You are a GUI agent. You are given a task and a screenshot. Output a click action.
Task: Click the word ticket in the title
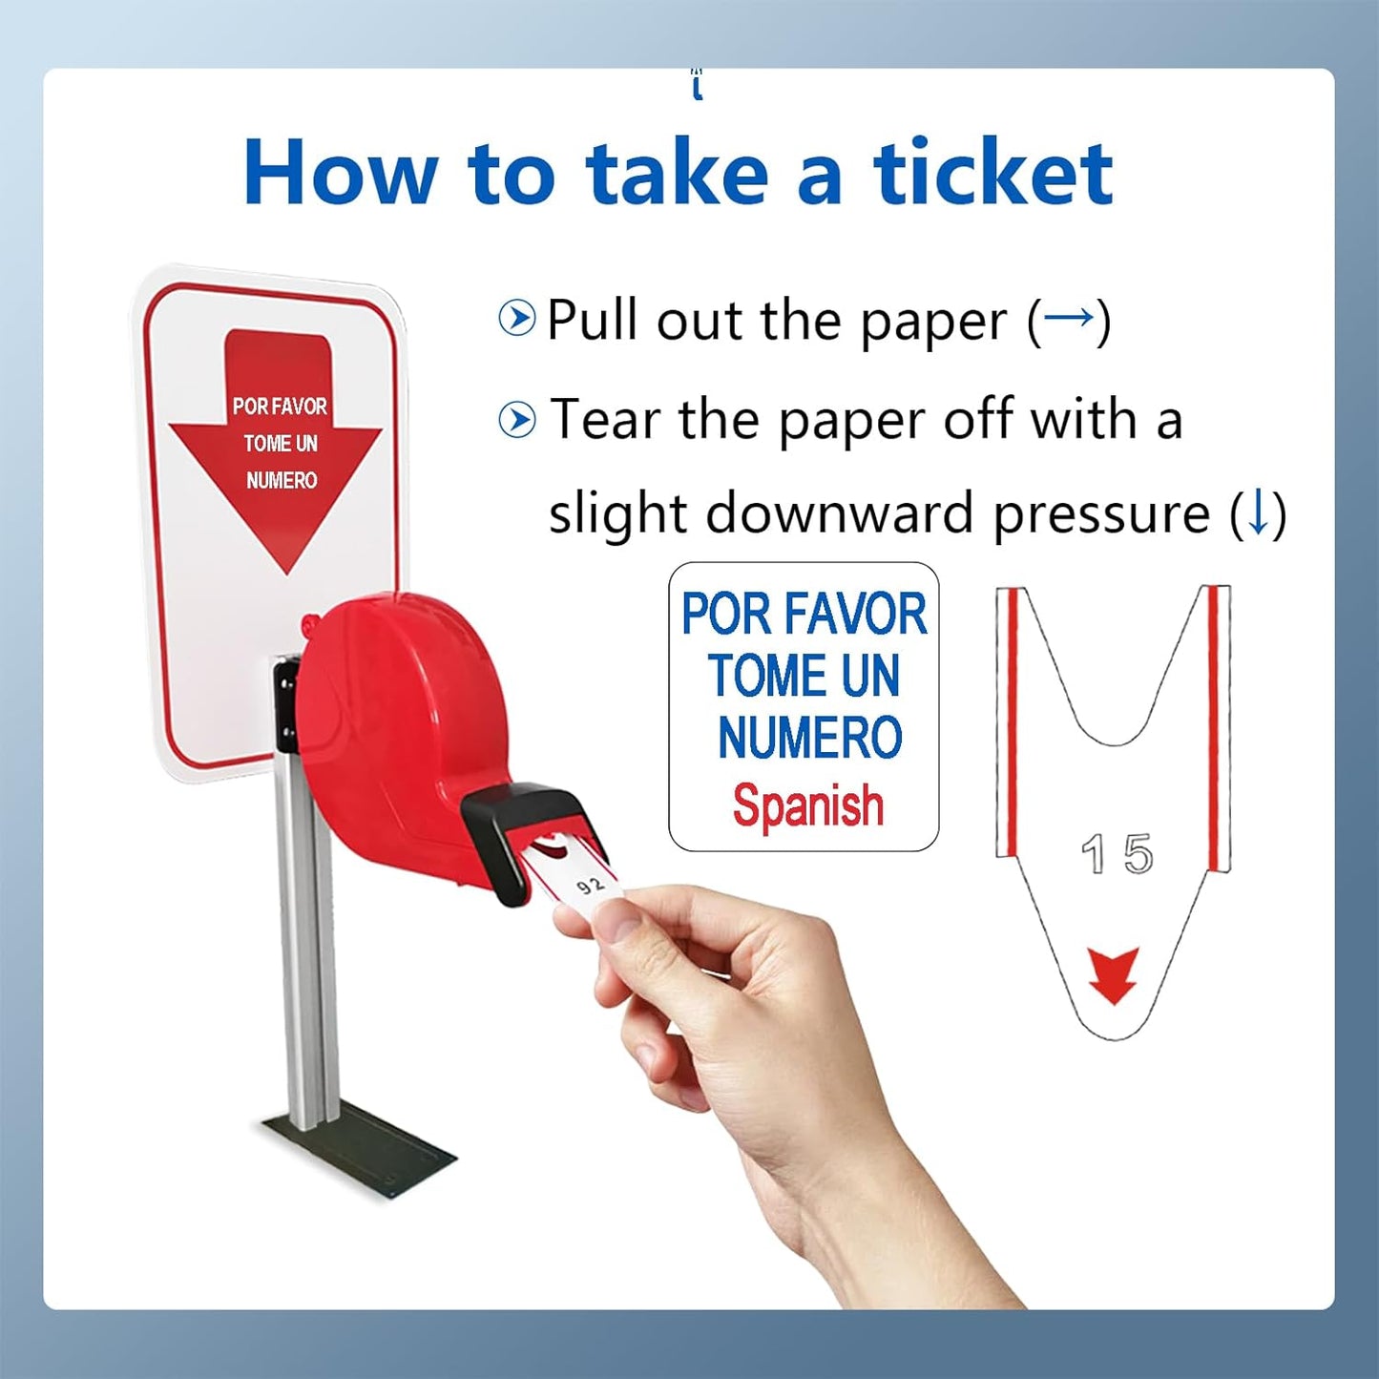point(992,173)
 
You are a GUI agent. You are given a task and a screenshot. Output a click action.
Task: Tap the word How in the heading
point(340,173)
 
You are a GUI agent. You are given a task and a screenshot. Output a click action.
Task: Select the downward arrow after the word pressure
point(1258,512)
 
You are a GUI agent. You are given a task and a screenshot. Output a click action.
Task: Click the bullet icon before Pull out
point(517,318)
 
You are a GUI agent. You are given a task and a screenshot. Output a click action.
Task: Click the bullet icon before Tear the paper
point(517,420)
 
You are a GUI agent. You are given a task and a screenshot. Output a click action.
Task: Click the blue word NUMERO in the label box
point(809,739)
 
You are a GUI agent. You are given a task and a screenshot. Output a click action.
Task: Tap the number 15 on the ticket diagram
point(1117,854)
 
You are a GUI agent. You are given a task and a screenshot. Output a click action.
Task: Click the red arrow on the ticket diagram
point(1114,974)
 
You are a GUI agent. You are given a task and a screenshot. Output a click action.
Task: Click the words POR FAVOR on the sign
point(280,407)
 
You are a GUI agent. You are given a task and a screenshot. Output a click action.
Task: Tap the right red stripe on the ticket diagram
point(1215,725)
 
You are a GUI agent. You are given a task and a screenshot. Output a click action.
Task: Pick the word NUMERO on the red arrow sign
point(282,480)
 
